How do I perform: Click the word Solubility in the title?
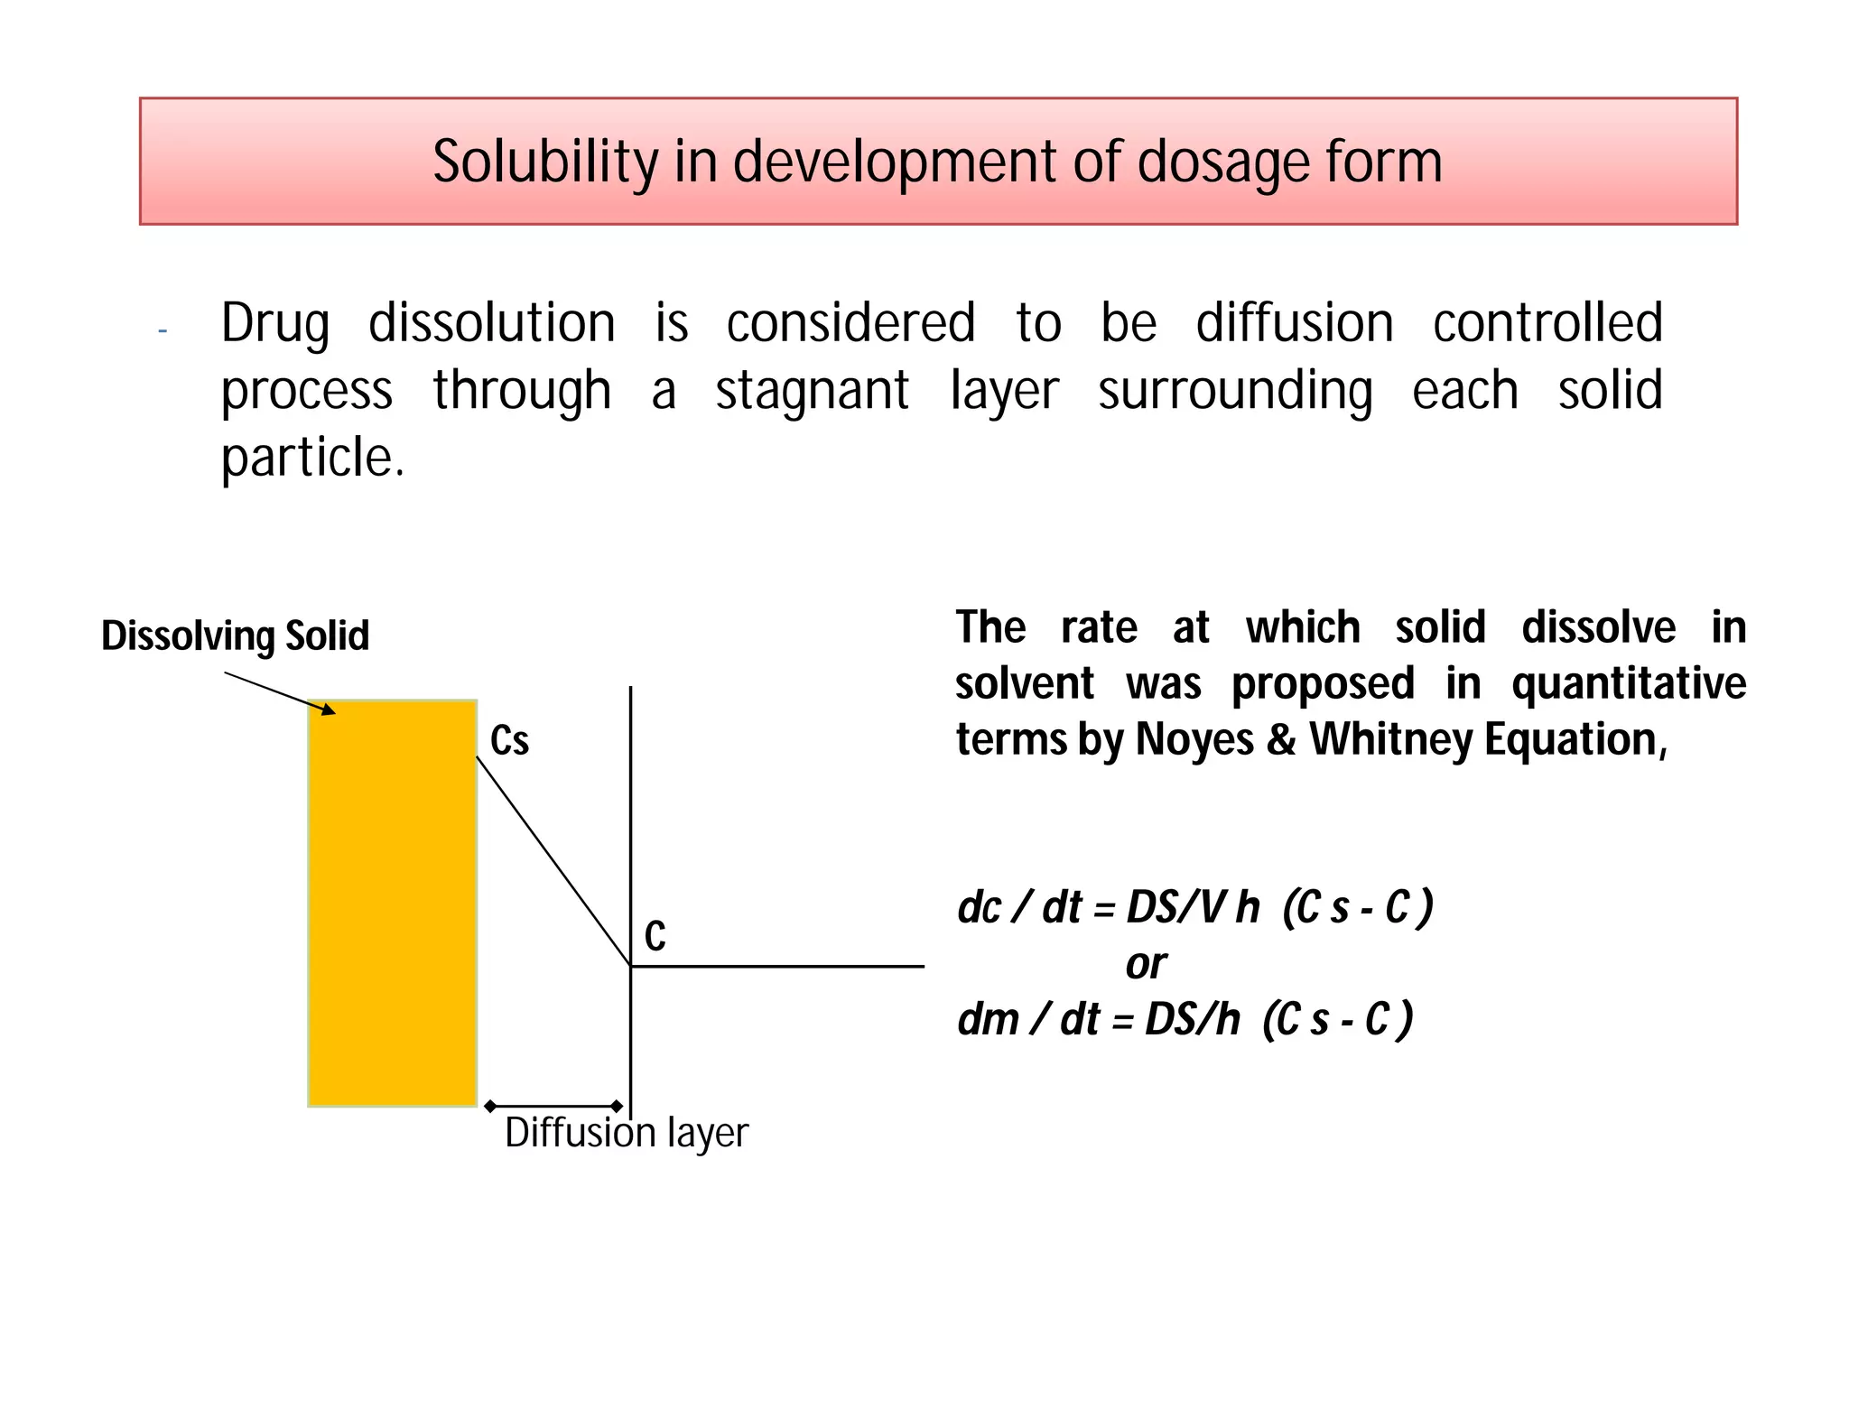(x=545, y=162)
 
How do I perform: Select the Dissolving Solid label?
(x=235, y=635)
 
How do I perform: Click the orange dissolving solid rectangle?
(x=392, y=903)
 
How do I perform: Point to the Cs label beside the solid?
(x=509, y=741)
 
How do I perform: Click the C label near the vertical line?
(x=655, y=936)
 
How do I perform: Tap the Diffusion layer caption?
(x=627, y=1133)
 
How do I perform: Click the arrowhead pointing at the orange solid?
(x=328, y=710)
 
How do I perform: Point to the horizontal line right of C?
(x=776, y=966)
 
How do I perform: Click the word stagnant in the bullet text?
(x=812, y=391)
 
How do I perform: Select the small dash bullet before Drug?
(x=163, y=330)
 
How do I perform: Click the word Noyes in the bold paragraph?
(x=1194, y=739)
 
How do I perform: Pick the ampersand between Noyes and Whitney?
(x=1281, y=739)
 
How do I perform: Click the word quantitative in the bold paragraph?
(x=1629, y=683)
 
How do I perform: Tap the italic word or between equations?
(x=1146, y=964)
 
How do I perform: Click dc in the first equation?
(x=979, y=908)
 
